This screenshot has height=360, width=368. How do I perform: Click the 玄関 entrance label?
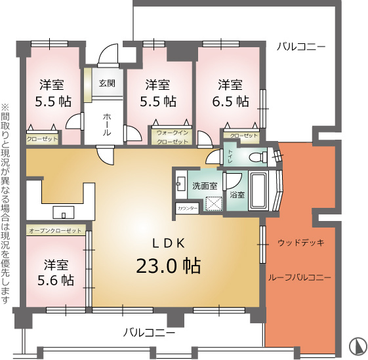click(x=107, y=83)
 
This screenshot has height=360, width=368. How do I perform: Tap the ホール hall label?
click(x=107, y=125)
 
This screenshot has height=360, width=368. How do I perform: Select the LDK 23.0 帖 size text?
click(x=169, y=266)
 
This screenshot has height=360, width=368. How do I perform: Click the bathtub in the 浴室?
click(x=258, y=190)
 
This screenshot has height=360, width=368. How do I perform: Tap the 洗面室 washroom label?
click(x=205, y=186)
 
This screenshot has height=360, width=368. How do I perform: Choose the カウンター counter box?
click(x=188, y=208)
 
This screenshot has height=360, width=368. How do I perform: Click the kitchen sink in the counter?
click(x=64, y=212)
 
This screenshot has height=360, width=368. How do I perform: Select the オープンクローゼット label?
click(x=55, y=231)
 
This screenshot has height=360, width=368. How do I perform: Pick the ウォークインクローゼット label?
click(x=173, y=138)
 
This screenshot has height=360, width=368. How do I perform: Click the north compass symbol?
click(x=358, y=346)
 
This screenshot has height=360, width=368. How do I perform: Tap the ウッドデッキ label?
click(x=301, y=243)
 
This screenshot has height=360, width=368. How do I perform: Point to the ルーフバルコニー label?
click(x=300, y=278)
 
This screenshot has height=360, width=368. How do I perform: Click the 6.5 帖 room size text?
click(x=230, y=102)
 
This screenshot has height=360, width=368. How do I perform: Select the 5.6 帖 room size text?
click(x=56, y=280)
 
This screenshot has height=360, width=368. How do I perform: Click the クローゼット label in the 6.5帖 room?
click(x=244, y=136)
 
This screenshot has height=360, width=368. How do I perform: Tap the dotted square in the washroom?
click(x=214, y=203)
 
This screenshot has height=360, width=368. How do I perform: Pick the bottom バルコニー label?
click(x=150, y=332)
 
